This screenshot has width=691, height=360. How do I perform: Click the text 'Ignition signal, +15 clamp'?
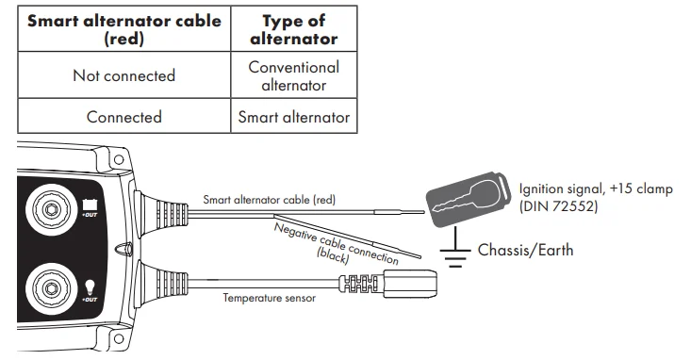coord(596,188)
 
